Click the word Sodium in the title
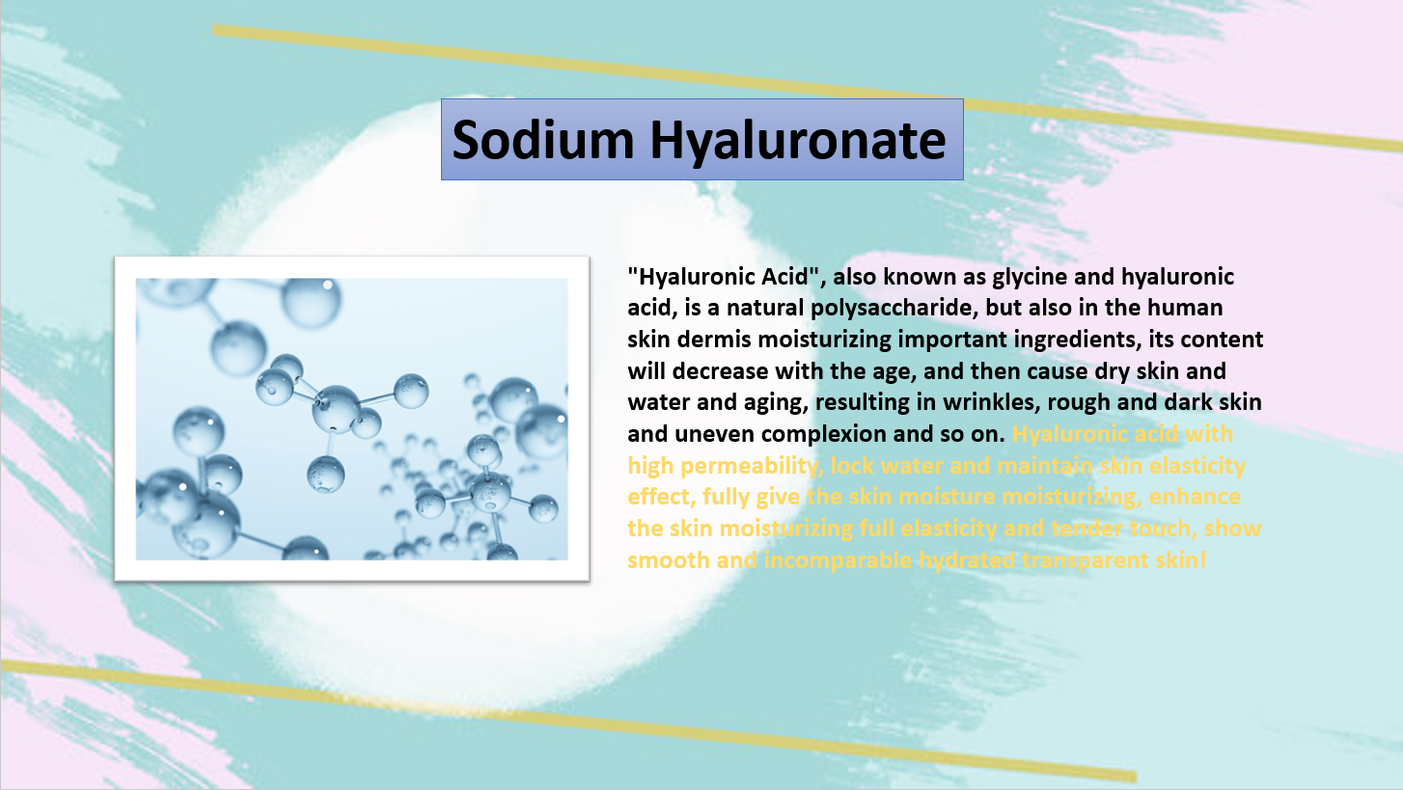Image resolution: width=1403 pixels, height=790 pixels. click(x=543, y=139)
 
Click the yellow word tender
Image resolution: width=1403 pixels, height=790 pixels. click(x=1087, y=529)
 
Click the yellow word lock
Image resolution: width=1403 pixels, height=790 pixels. click(x=852, y=466)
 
